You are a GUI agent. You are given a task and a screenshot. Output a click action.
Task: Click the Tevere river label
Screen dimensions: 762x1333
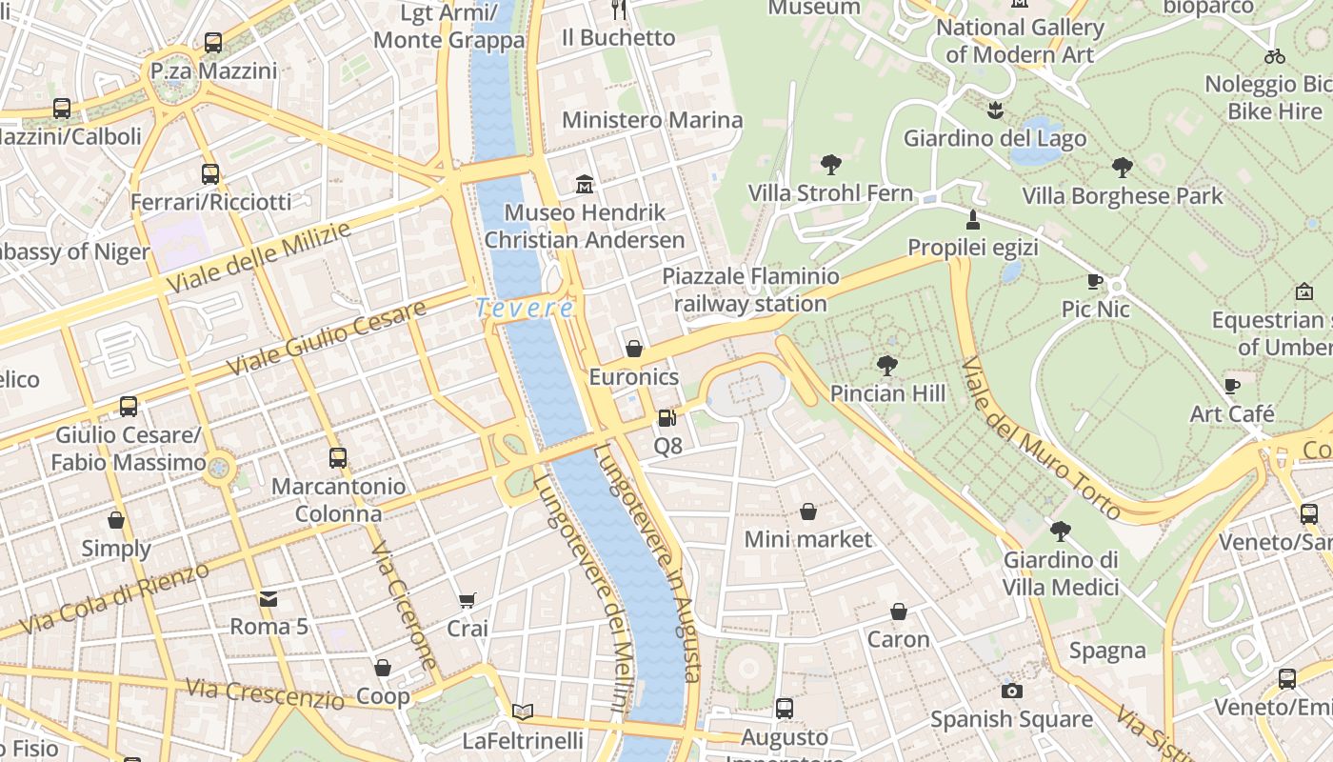[x=525, y=309]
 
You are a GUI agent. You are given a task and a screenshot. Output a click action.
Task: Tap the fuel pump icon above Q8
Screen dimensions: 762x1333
[x=666, y=417]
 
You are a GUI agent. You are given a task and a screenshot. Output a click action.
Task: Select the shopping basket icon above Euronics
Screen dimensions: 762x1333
[x=634, y=349]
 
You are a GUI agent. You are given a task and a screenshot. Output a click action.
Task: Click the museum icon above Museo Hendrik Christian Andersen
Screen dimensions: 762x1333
[x=585, y=183]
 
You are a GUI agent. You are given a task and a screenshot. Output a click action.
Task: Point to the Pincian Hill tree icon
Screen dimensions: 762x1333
[x=887, y=365]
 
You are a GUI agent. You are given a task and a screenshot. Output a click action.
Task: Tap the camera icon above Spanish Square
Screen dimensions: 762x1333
[x=1011, y=691]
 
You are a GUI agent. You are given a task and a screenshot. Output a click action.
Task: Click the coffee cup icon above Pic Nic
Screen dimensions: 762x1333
[x=1095, y=281]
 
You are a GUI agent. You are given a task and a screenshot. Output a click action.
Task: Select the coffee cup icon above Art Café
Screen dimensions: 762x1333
[x=1232, y=386]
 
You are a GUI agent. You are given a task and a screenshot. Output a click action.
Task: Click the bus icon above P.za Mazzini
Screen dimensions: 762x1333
[x=213, y=43]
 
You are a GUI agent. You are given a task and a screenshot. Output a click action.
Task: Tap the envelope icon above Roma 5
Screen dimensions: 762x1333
[x=269, y=598]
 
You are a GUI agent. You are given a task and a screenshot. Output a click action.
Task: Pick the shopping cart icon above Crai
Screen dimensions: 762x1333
[x=467, y=600]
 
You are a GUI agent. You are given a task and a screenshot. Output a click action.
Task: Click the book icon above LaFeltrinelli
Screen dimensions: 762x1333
[x=522, y=712]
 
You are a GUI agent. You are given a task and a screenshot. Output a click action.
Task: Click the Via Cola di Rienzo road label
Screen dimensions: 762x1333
[x=114, y=599]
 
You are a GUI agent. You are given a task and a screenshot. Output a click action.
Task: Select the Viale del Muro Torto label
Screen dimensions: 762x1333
[x=1040, y=439]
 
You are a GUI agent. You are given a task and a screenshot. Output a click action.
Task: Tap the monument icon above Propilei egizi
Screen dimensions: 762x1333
[x=972, y=220]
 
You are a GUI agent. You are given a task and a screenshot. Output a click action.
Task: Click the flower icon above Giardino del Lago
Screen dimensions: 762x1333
[x=995, y=110]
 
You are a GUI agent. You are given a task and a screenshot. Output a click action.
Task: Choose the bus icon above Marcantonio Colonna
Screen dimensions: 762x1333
[x=338, y=458]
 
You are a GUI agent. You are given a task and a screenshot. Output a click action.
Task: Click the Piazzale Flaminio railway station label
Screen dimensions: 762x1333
[x=751, y=291]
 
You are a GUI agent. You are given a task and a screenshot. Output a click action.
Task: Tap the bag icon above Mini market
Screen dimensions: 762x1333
[x=807, y=511]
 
